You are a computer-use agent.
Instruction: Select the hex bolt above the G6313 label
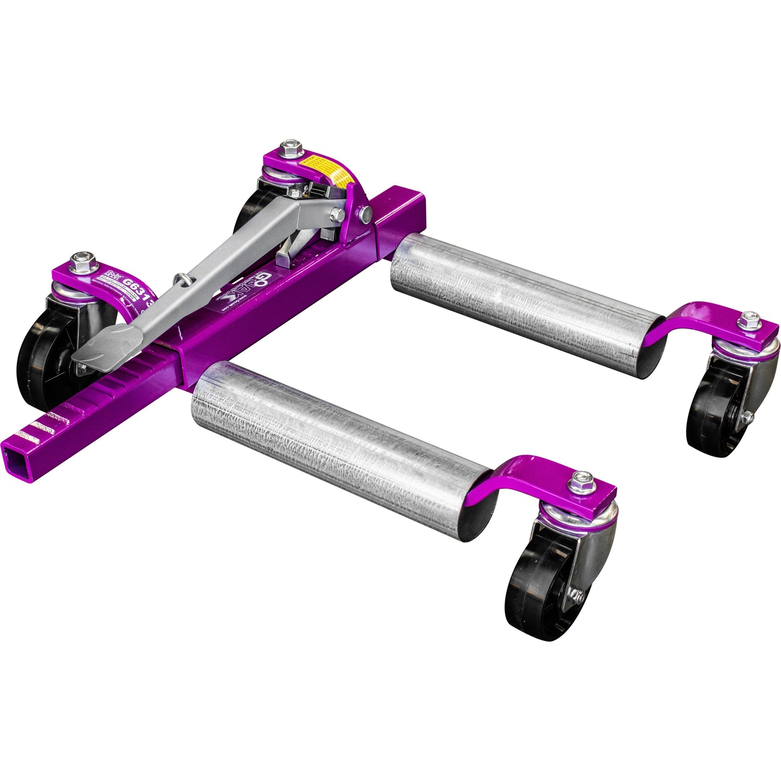click(x=82, y=260)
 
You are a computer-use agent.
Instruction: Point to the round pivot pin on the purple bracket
click(x=365, y=214)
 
